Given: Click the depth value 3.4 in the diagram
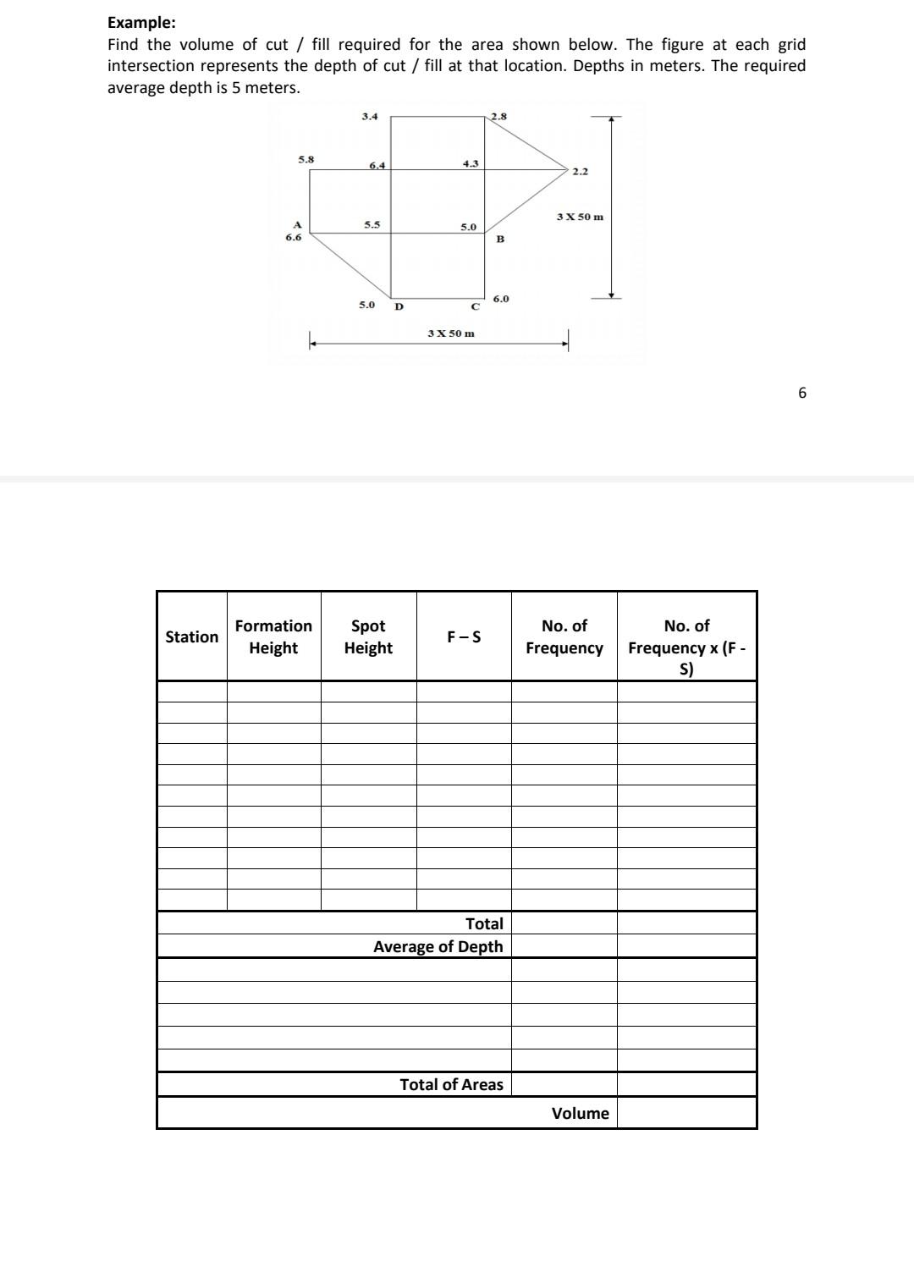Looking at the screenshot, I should pyautogui.click(x=370, y=116).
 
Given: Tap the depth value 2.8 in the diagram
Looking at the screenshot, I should pyautogui.click(x=499, y=116).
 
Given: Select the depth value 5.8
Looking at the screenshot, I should pyautogui.click(x=306, y=158).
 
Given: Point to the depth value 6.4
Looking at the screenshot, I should pyautogui.click(x=377, y=165).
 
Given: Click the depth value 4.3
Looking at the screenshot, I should pyautogui.click(x=471, y=163).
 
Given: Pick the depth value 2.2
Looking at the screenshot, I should pyautogui.click(x=580, y=172).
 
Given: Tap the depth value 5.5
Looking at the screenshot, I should pyautogui.click(x=372, y=224).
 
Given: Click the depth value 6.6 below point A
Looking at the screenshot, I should pyautogui.click(x=293, y=238).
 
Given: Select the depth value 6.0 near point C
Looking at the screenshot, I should pyautogui.click(x=501, y=299).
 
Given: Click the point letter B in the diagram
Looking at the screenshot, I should pyautogui.click(x=500, y=240).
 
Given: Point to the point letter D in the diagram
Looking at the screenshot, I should pyautogui.click(x=399, y=306).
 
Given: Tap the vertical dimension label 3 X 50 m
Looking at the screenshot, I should pyautogui.click(x=581, y=217).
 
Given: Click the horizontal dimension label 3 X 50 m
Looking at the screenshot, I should pyautogui.click(x=451, y=333).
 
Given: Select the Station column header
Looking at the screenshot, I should pyautogui.click(x=191, y=636).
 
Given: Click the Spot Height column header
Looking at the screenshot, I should pyautogui.click(x=368, y=636).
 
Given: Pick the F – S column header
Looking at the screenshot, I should pyautogui.click(x=464, y=636).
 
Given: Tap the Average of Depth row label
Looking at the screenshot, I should pyautogui.click(x=438, y=946).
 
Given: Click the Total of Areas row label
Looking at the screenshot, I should pyautogui.click(x=451, y=1084).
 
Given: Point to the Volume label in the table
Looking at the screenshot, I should pyautogui.click(x=580, y=1113).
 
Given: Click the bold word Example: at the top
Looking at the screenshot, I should pyautogui.click(x=141, y=23).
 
